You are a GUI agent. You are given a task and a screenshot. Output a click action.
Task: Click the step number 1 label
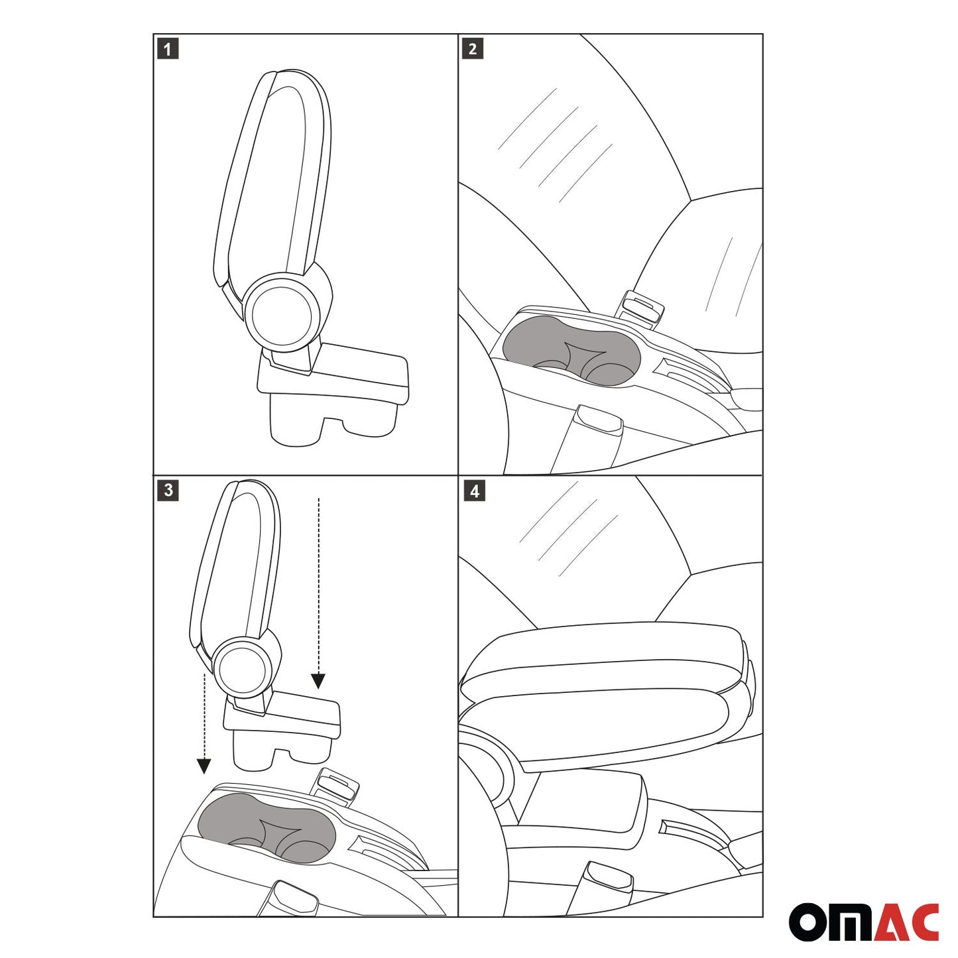coord(168,49)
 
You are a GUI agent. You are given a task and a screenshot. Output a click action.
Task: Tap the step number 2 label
coord(472,49)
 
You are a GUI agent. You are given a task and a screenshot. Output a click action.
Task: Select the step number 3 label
coord(168,491)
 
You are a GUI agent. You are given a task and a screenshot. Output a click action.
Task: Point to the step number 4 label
coord(473,491)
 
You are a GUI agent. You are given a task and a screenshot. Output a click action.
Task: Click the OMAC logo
coord(863,922)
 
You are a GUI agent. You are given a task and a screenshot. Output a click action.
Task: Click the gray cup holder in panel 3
coord(267,825)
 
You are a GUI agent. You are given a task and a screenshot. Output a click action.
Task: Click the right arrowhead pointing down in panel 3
coord(318,681)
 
